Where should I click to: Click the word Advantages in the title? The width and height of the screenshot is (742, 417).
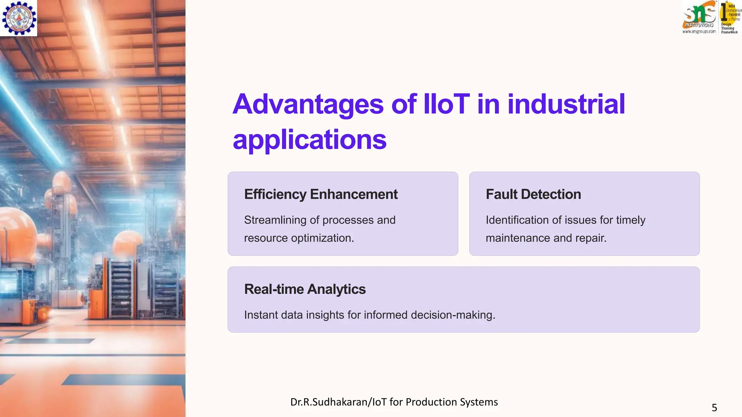pyautogui.click(x=308, y=105)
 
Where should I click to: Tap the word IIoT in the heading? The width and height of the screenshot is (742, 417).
pyautogui.click(x=446, y=104)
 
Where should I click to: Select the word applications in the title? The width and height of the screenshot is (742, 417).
pyautogui.click(x=310, y=140)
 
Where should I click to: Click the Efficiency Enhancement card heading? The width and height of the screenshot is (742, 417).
pyautogui.click(x=321, y=194)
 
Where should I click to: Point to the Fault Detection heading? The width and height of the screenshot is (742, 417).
pyautogui.click(x=533, y=194)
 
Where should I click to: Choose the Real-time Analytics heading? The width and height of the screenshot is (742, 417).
pyautogui.click(x=305, y=289)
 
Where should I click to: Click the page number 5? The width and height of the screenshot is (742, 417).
pyautogui.click(x=714, y=408)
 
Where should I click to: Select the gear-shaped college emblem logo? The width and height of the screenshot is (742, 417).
pyautogui.click(x=19, y=18)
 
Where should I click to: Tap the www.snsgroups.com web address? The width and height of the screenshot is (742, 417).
pyautogui.click(x=699, y=32)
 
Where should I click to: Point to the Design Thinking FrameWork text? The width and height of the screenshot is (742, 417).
pyautogui.click(x=729, y=28)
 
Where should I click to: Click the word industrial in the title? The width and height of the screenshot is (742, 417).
pyautogui.click(x=566, y=104)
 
